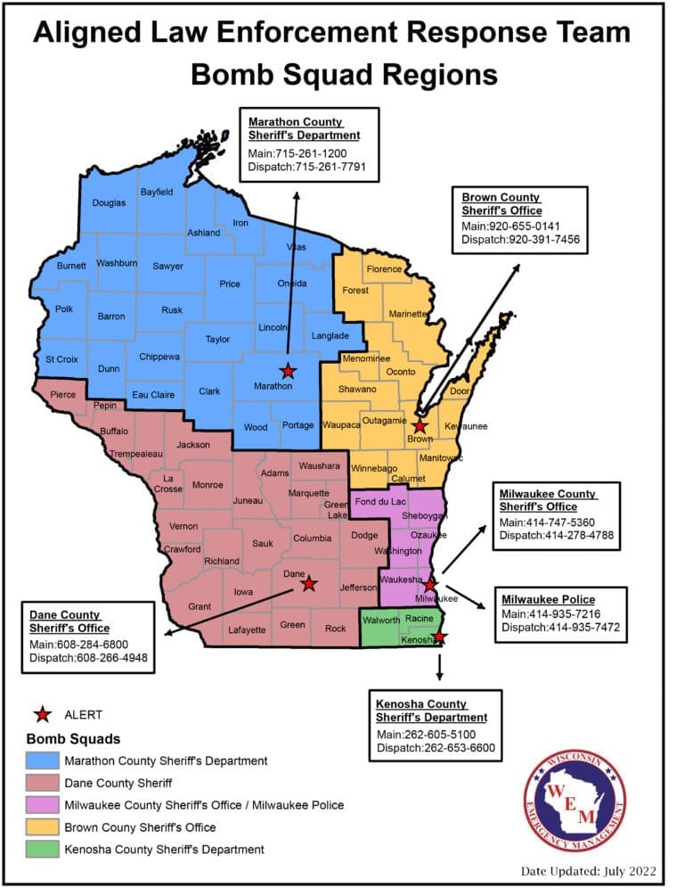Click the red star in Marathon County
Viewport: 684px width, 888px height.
[287, 371]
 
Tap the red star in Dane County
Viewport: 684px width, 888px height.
[308, 583]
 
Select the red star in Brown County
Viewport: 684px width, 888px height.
[419, 426]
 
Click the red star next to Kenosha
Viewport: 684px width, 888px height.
[438, 637]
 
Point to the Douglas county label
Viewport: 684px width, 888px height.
[109, 203]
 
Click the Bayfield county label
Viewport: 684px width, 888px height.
[157, 192]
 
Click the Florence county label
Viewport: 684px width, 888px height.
[385, 268]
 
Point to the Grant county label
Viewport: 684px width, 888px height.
[199, 606]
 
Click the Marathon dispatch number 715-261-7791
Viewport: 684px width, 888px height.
[307, 167]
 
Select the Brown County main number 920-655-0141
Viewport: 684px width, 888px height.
[510, 226]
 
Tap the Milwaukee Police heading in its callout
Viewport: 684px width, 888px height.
[547, 598]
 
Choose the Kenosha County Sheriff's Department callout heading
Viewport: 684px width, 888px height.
[431, 711]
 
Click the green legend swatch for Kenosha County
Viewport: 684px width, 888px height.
[41, 849]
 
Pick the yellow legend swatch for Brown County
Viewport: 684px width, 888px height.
[41, 826]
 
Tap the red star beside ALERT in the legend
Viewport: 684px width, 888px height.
[41, 713]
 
